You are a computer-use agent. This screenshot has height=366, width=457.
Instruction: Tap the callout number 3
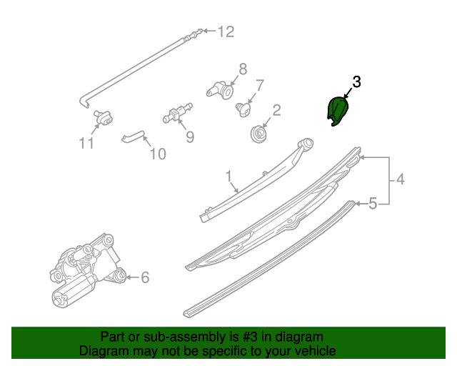coord(356,82)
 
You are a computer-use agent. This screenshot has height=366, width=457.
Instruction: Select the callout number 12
coord(226,31)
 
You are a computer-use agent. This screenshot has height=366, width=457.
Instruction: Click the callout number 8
coord(243,69)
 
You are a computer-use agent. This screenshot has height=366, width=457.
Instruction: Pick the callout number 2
coord(276,111)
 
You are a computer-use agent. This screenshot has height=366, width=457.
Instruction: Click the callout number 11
coord(86,143)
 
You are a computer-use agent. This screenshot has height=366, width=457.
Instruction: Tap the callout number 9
coord(190,135)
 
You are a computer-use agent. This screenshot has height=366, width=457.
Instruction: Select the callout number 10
coord(157,153)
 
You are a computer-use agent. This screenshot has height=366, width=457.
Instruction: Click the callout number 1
coord(229,175)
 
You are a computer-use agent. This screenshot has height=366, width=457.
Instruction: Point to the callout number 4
coord(401,180)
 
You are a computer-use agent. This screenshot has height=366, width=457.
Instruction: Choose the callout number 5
coord(373,205)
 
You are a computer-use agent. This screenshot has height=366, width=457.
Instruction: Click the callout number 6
coord(145,277)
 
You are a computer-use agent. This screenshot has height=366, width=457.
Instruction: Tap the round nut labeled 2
coord(258,133)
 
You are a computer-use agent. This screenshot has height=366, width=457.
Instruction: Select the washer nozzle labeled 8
coord(221,90)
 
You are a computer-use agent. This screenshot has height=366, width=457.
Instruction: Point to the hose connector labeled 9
coord(176,113)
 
